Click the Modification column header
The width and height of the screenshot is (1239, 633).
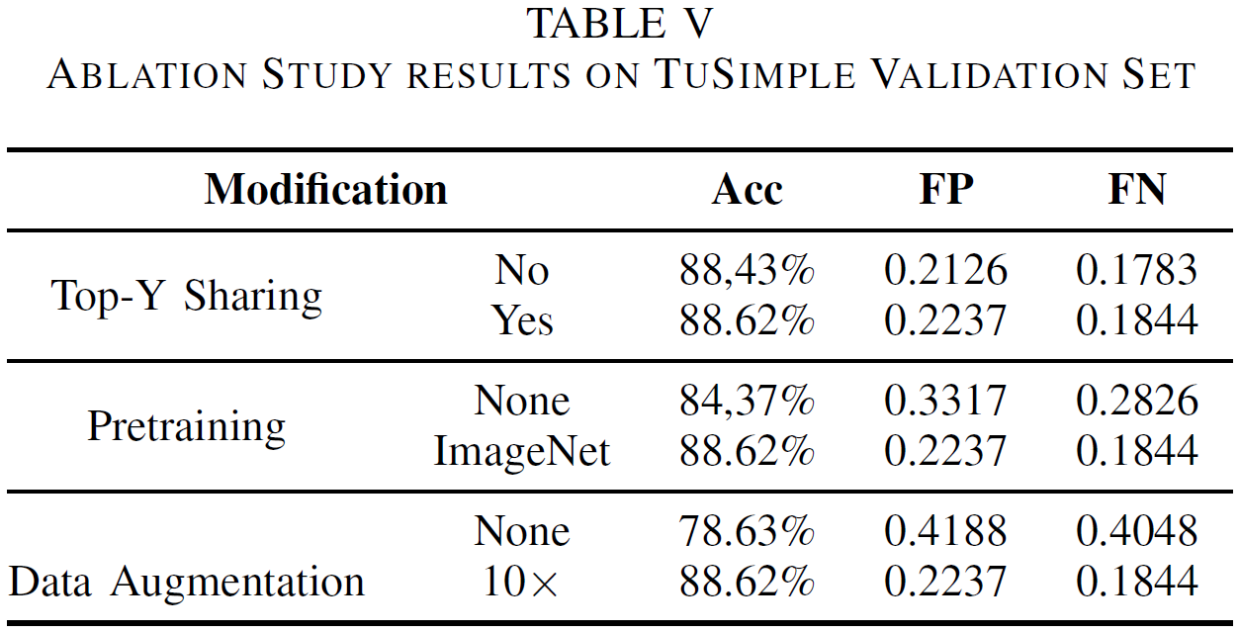[x=325, y=188]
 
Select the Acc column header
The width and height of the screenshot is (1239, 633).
[x=747, y=189]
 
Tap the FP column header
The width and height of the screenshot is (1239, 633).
[x=945, y=189]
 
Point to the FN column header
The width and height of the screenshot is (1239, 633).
[x=1137, y=189]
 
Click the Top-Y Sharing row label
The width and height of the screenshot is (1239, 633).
[x=187, y=296]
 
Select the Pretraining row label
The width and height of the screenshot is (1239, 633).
[x=187, y=426]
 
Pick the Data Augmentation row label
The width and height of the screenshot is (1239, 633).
[x=187, y=581]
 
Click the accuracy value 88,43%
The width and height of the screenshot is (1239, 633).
[x=747, y=270]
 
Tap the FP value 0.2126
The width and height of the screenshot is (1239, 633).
[x=945, y=270]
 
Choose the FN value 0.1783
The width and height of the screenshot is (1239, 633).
[x=1137, y=270]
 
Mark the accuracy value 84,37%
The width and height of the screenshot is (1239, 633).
[x=747, y=401]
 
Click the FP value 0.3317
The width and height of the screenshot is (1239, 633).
[x=945, y=401]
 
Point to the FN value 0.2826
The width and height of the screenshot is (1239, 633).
[x=1137, y=401]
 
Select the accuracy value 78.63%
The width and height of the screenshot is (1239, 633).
[x=747, y=531]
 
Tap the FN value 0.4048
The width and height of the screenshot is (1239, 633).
[x=1137, y=531]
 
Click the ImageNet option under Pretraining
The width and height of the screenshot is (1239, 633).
[x=522, y=451]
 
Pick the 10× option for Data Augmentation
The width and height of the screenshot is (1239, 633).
[x=521, y=583]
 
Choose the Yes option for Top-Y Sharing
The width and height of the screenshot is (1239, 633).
[x=522, y=320]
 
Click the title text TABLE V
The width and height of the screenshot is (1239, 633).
[x=620, y=24]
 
